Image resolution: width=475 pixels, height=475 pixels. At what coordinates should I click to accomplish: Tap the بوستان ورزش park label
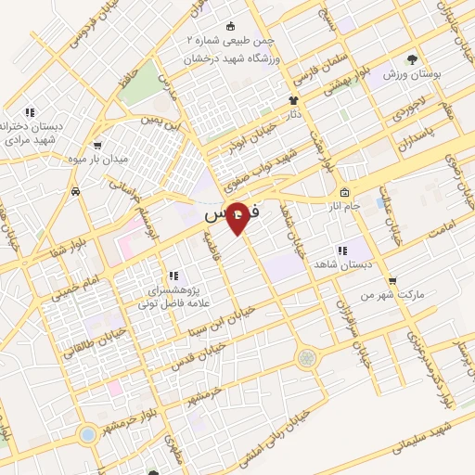click(414, 73)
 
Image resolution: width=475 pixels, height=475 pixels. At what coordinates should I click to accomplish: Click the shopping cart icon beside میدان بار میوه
click(97, 145)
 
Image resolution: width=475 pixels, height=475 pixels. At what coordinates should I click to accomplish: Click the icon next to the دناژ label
click(294, 100)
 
